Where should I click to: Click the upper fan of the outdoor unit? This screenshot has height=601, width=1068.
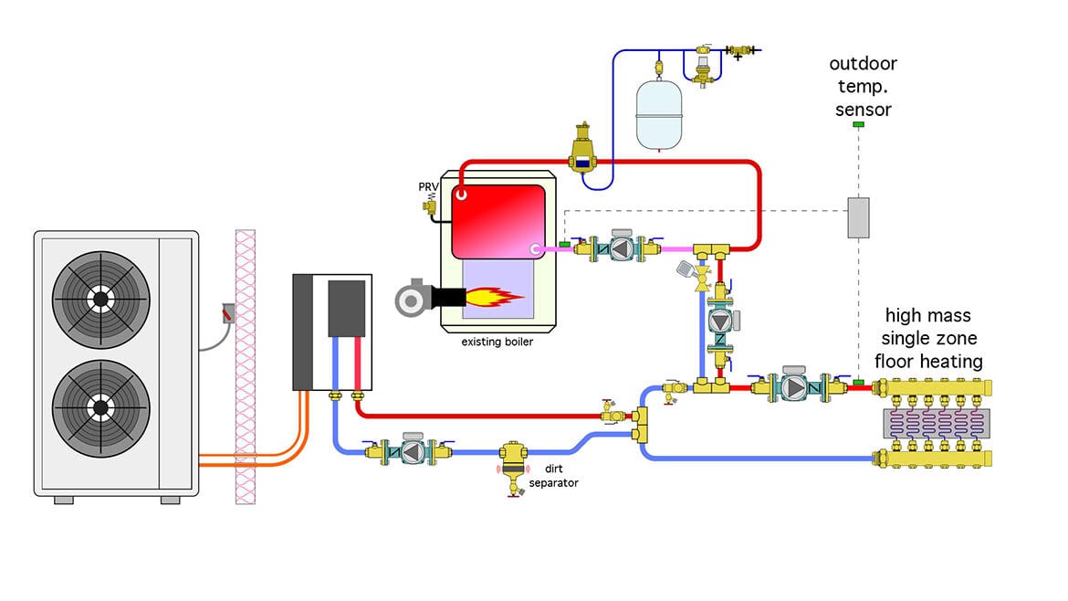click(x=99, y=298)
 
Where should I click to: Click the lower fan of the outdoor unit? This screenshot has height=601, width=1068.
click(x=99, y=406)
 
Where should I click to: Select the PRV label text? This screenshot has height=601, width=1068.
click(x=428, y=187)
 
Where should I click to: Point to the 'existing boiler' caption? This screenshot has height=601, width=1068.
click(x=498, y=343)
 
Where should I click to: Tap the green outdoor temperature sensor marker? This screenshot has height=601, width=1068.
click(x=858, y=123)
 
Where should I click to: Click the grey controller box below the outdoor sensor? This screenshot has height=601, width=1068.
click(x=858, y=217)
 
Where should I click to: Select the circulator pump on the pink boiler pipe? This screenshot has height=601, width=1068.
click(x=621, y=248)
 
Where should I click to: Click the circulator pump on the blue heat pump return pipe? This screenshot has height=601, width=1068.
click(x=411, y=451)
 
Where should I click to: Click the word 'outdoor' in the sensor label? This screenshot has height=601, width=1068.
click(x=863, y=64)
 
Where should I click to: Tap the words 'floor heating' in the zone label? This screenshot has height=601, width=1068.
click(x=928, y=362)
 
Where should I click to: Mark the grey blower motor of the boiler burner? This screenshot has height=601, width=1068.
click(x=410, y=298)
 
